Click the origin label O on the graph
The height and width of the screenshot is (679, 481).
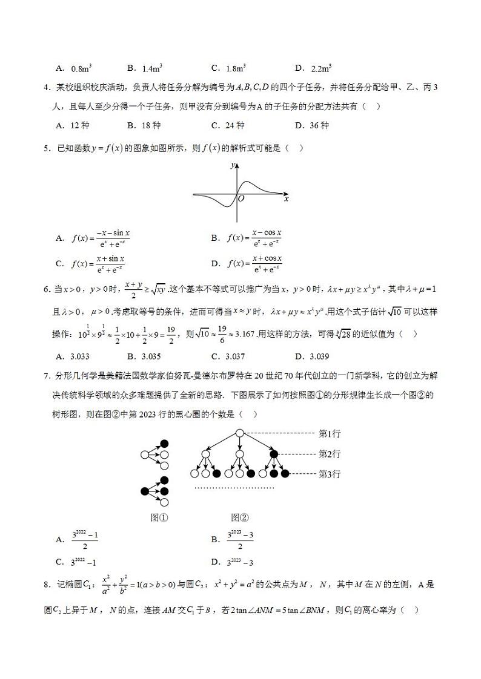coord(241,198)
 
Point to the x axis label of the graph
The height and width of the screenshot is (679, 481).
coord(286,198)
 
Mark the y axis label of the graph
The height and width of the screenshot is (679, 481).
coord(232,165)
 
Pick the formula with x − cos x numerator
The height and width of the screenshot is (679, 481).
coord(254,238)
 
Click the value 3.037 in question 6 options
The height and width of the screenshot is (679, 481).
coord(230,356)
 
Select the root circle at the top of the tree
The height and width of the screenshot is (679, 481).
coord(239,433)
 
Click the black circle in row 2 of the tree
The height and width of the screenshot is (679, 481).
coord(274,453)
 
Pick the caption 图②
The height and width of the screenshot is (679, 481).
coord(240,517)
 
